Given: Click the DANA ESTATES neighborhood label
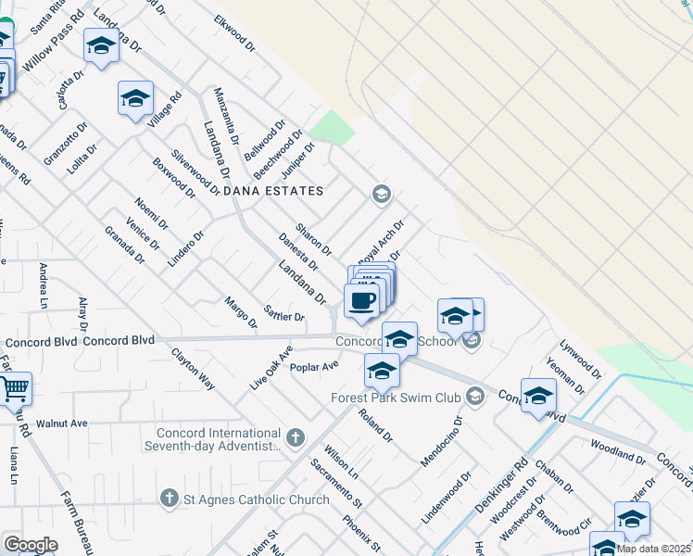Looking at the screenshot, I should coord(273,191).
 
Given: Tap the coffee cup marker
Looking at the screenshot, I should coord(361,300).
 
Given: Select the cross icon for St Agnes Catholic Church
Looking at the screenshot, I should coord(169,499).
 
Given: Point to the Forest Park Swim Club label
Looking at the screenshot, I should coord(396,398).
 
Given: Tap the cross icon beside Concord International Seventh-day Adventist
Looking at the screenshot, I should coord(296,437).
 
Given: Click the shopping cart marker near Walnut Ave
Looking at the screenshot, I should coord(14,389).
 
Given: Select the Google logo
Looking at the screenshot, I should coord(31,545).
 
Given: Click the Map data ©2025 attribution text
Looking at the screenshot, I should coord(653,549).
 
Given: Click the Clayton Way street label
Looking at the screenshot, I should coord(193,369).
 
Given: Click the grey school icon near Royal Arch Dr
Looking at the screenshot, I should coord(380,195).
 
